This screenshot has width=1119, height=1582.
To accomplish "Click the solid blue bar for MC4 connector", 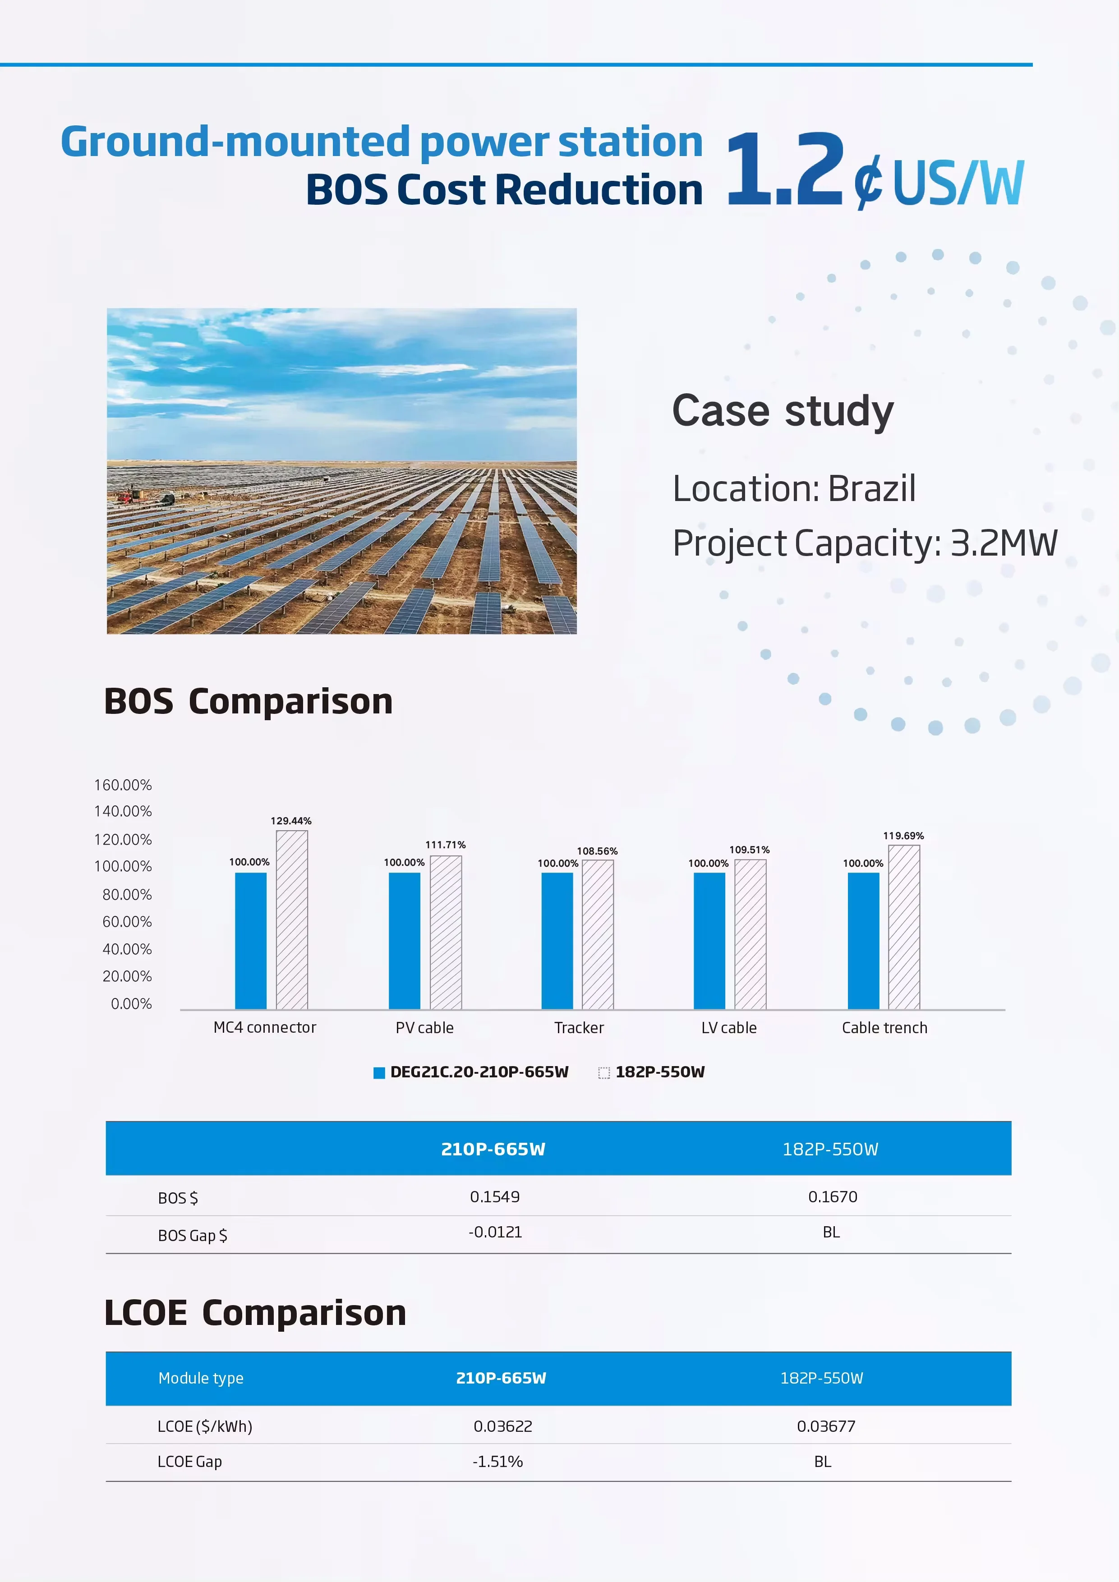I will click(250, 941).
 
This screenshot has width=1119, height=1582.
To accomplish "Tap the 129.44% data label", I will click(291, 821).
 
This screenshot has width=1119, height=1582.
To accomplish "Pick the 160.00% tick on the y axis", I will click(123, 785).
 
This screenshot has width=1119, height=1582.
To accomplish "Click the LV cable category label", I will click(728, 1028).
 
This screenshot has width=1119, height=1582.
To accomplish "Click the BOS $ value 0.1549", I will click(495, 1197).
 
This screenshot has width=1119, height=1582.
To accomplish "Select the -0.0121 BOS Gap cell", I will click(495, 1232).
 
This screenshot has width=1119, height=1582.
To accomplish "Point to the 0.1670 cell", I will click(832, 1197).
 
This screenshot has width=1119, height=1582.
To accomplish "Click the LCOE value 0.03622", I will click(502, 1426).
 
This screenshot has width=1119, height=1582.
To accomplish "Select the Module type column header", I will click(201, 1378).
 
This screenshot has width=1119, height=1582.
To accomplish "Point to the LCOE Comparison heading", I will click(255, 1313).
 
